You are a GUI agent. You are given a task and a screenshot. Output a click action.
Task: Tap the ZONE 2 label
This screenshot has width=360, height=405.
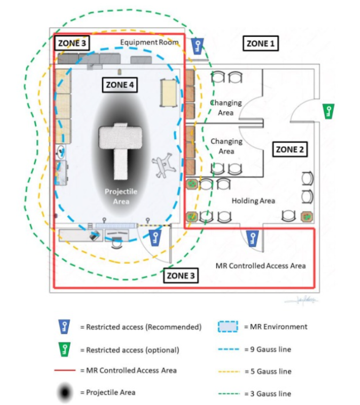pos(289,150)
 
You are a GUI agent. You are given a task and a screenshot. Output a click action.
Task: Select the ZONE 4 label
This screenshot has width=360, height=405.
pos(120,85)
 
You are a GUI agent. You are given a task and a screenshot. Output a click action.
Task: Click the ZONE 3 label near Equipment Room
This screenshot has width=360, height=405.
pos(71,43)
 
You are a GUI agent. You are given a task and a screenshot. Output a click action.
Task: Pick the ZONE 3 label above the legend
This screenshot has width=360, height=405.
pos(181,276)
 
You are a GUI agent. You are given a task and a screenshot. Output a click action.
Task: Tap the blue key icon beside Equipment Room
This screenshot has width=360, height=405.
pos(198,46)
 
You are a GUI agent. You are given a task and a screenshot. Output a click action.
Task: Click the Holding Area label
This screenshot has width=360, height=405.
pos(253,201)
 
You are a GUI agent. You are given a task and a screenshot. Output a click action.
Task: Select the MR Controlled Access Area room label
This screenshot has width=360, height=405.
pos(260,265)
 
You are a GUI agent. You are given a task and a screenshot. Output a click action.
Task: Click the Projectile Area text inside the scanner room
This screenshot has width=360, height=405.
pos(117,196)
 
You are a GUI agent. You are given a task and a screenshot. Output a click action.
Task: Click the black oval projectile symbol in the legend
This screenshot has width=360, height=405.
pos(64,393)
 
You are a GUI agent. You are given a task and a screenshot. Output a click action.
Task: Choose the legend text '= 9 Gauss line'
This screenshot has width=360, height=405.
pos(268,349)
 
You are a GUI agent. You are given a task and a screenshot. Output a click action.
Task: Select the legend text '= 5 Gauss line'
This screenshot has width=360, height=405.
pos(268,371)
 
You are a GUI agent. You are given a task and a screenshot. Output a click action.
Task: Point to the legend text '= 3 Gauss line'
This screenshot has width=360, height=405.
pos(268,393)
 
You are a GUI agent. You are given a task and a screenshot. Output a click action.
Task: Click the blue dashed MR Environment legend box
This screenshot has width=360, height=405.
pos(228,327)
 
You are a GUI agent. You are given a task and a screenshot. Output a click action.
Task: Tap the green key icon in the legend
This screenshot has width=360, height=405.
pos(64,350)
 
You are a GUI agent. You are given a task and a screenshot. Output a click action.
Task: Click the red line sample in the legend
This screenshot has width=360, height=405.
pos(64,370)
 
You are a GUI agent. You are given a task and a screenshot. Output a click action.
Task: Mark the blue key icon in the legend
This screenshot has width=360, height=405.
pos(64,327)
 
